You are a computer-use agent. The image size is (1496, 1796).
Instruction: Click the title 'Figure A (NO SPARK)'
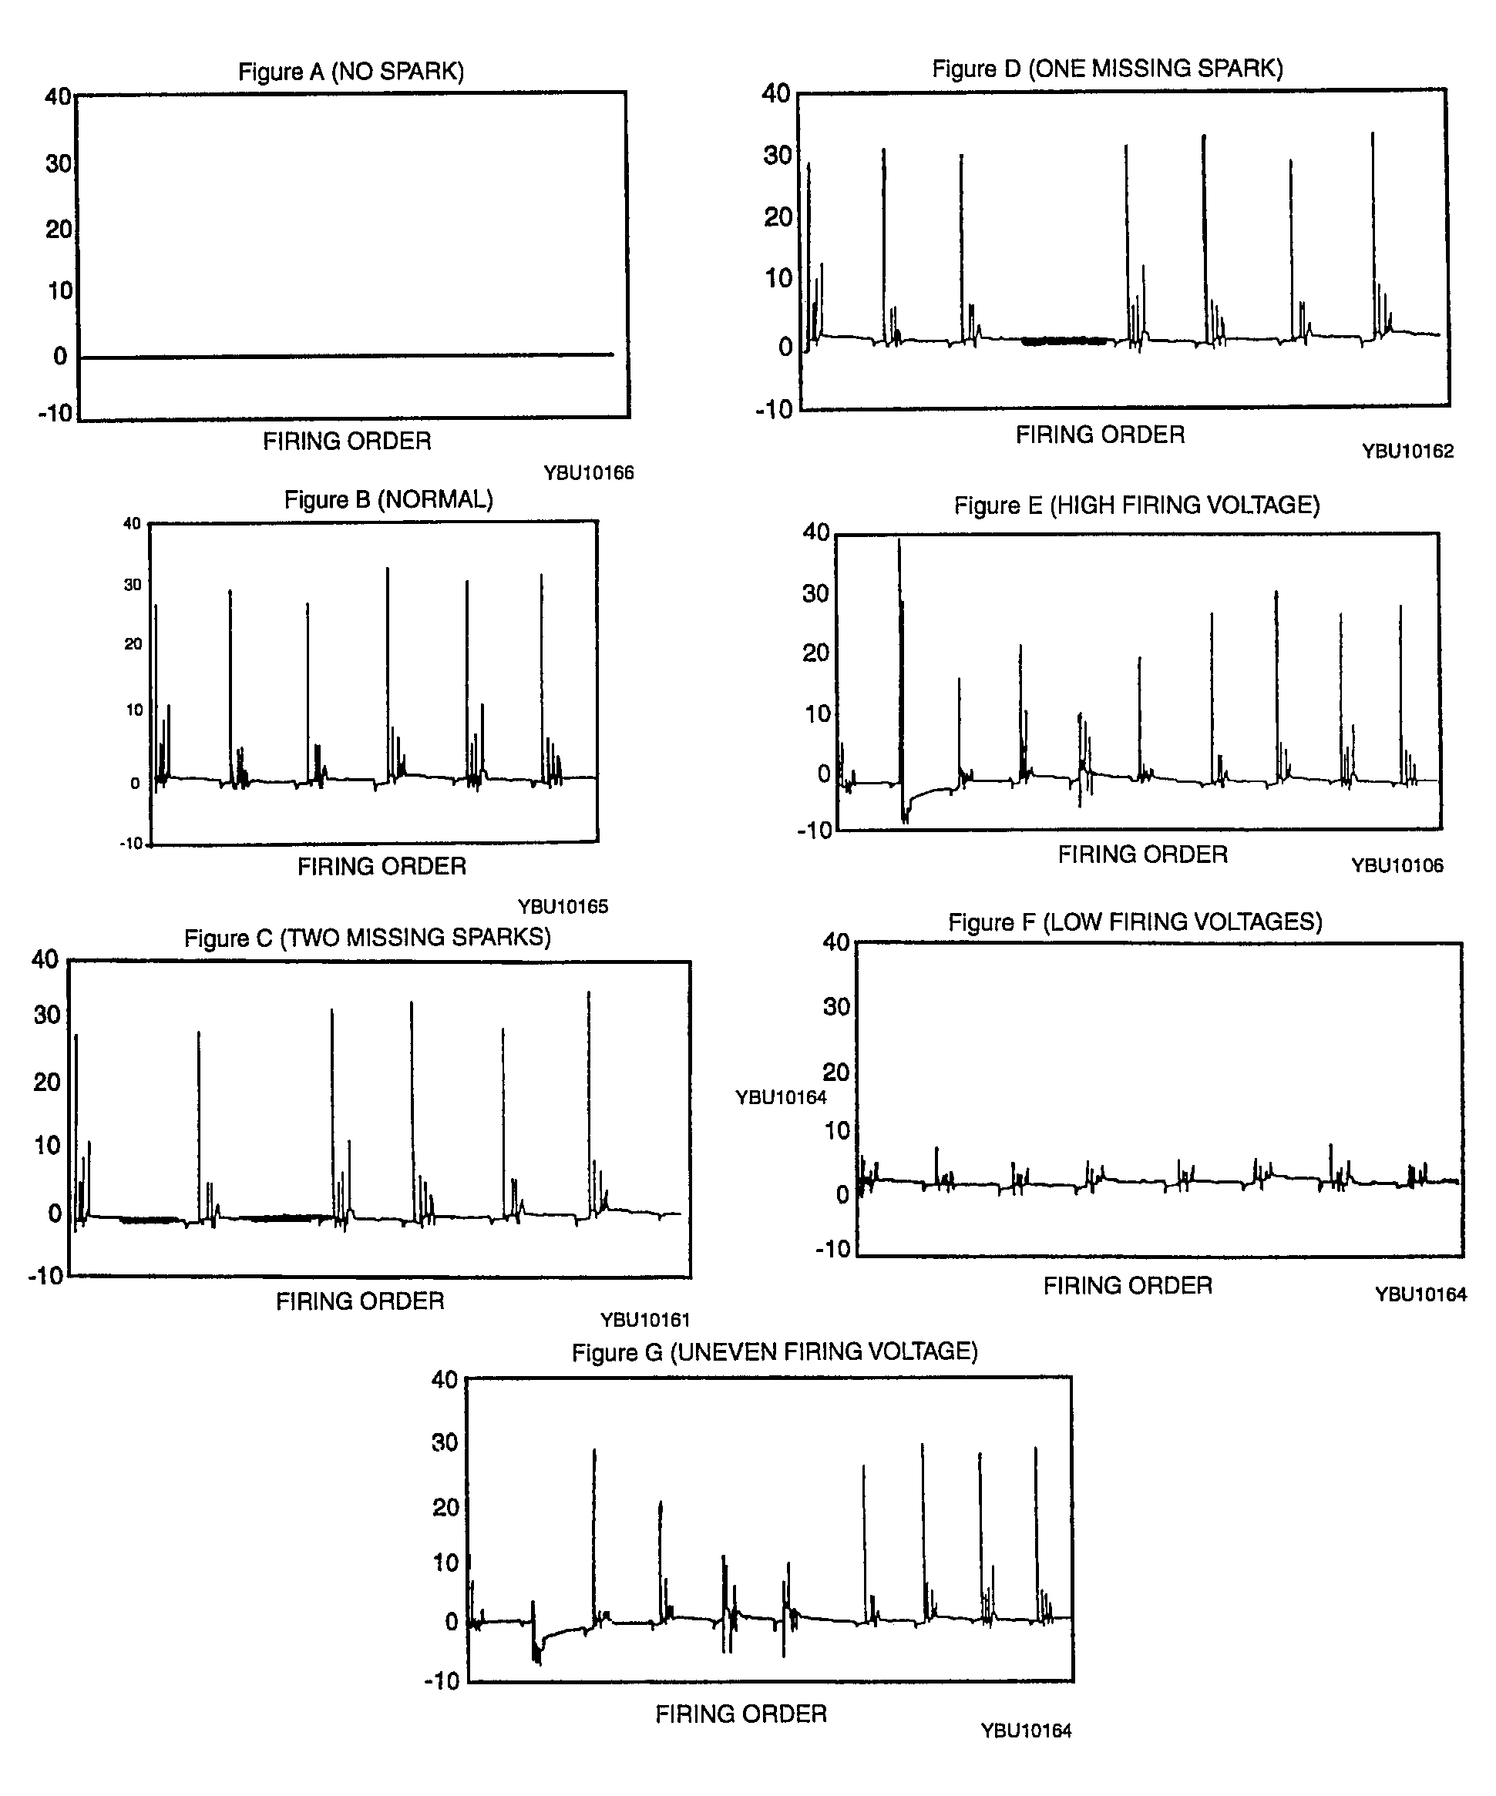click(351, 71)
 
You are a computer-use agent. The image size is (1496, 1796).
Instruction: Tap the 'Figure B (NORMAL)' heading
click(388, 499)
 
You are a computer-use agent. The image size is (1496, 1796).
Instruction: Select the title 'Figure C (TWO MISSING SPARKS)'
click(367, 938)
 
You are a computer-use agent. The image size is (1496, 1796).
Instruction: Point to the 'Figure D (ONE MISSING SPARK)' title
click(1108, 69)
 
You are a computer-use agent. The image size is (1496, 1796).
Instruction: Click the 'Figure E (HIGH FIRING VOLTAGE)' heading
click(1137, 505)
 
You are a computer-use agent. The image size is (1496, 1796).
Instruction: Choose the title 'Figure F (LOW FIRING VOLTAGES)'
click(1135, 922)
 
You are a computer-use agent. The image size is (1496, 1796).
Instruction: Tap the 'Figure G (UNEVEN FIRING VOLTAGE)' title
click(775, 1352)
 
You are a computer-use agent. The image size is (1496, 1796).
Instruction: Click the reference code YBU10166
click(589, 473)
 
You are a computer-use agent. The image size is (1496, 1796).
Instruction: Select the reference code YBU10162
click(1408, 451)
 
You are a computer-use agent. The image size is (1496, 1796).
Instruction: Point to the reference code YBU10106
click(1397, 865)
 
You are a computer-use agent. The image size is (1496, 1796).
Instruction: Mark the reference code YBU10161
click(645, 1320)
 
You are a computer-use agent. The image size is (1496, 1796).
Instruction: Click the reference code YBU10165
click(563, 907)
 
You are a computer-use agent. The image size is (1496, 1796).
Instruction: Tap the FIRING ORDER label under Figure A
click(348, 441)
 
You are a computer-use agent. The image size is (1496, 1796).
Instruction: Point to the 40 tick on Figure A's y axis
click(58, 96)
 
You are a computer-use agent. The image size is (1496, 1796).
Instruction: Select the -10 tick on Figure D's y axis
click(774, 410)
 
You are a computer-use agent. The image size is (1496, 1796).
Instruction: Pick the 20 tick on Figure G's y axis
click(445, 1507)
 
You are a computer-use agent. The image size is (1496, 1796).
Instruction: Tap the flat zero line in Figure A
click(346, 356)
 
